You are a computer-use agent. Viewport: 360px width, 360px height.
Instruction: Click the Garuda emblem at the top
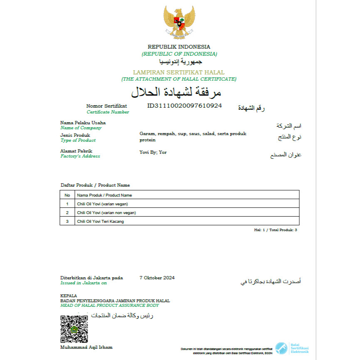[x=179, y=22]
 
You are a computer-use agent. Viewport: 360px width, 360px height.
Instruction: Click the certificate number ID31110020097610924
[x=185, y=106]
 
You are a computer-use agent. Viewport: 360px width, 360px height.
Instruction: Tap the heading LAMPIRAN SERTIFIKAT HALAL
[x=179, y=72]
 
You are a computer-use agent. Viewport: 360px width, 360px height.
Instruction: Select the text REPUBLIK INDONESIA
[x=179, y=47]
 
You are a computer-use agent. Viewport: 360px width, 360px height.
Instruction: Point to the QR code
[x=74, y=329]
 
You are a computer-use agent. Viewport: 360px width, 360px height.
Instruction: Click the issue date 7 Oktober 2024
[x=157, y=278]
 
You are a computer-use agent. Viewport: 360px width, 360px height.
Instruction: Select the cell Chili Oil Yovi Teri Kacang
[x=100, y=221]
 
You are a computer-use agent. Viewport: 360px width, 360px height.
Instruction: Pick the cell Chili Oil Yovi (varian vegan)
[x=102, y=204]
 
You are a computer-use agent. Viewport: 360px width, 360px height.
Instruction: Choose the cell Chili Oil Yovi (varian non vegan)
[x=106, y=212]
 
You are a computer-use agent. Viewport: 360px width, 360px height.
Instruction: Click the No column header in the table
[x=67, y=195]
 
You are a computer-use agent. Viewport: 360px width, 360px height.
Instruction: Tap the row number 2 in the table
[x=67, y=212]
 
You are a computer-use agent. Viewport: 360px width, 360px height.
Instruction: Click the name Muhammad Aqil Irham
[x=86, y=347]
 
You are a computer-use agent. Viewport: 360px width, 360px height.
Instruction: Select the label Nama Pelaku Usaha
[x=83, y=123]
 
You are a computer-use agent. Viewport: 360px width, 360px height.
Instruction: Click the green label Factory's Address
[x=80, y=156]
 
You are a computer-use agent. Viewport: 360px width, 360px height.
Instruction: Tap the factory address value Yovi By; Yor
[x=153, y=153]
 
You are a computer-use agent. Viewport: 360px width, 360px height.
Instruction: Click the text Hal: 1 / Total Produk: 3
[x=276, y=229]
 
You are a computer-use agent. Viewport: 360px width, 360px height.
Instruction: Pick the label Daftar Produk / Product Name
[x=95, y=185]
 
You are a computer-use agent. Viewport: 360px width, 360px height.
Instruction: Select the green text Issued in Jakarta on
[x=84, y=283]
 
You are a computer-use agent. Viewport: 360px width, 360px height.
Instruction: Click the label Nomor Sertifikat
[x=106, y=106]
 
